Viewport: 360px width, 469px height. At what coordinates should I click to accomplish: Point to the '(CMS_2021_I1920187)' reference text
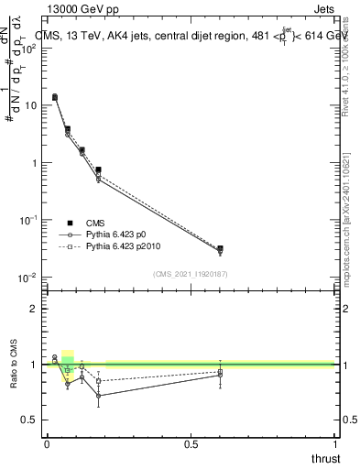(191, 273)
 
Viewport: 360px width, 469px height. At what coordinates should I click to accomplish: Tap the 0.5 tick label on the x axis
(191, 444)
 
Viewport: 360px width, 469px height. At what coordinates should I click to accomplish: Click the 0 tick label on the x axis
(47, 444)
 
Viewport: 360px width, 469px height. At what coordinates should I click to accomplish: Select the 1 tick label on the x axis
(333, 444)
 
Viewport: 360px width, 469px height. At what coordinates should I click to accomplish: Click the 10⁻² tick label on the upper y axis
(29, 278)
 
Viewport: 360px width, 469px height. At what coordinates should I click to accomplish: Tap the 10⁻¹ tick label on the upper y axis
(29, 220)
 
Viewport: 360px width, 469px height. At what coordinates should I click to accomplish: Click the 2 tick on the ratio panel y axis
(35, 309)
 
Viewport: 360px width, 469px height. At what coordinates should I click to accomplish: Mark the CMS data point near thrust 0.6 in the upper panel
(220, 248)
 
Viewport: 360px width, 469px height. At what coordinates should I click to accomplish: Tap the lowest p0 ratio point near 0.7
(98, 396)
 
